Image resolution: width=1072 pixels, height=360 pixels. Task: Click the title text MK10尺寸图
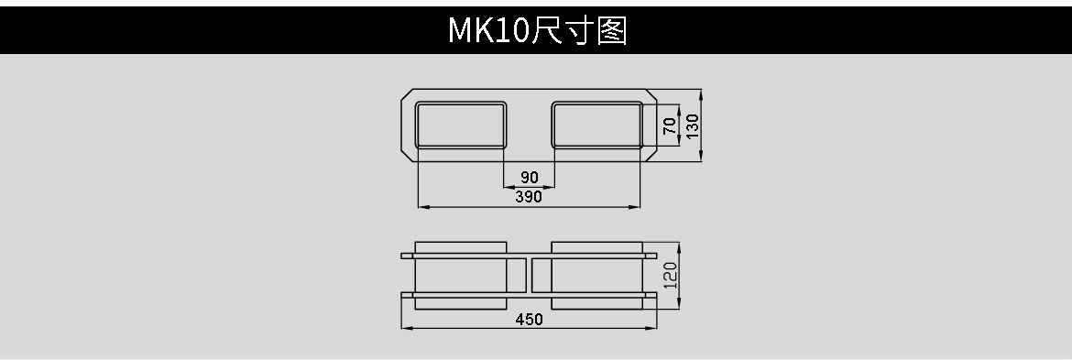pos(536,30)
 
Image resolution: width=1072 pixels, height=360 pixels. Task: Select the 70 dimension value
pos(670,125)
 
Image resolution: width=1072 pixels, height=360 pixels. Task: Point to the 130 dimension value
pos(693,125)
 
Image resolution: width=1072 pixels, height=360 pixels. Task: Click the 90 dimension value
pos(529,177)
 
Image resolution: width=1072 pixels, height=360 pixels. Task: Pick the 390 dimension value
pos(529,196)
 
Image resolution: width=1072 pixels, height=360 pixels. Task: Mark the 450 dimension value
pos(529,319)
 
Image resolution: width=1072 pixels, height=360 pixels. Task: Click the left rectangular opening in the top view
pos(462,125)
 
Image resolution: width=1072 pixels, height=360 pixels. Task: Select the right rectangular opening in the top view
pos(596,125)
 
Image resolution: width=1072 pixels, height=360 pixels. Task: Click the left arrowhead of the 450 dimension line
pos(406,327)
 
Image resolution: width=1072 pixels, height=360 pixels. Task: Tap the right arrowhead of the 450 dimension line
pos(653,327)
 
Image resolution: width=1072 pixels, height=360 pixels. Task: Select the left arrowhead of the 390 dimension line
pos(421,207)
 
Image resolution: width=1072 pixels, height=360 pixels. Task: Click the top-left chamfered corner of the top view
pos(408,94)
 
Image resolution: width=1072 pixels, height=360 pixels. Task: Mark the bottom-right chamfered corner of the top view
pos(651,157)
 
